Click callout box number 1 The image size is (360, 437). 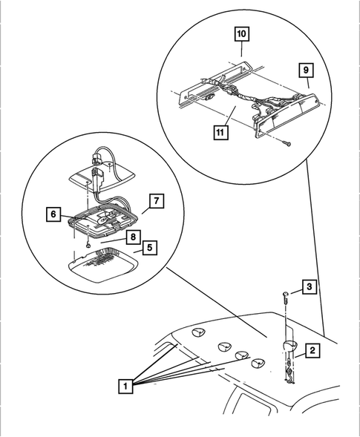(125, 387)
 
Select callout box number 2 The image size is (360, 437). (312, 351)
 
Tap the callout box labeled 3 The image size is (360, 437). (310, 287)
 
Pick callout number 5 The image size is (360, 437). (150, 248)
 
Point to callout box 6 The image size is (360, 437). (53, 214)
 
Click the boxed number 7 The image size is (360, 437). (157, 201)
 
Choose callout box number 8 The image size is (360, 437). (133, 237)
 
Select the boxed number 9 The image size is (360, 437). (306, 70)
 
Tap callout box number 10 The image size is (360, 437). (241, 34)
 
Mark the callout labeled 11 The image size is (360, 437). (221, 132)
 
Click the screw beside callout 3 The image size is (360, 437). (286, 298)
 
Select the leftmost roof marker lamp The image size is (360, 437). (198, 332)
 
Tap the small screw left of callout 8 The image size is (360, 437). (88, 246)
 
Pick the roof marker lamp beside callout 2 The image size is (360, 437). (289, 346)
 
